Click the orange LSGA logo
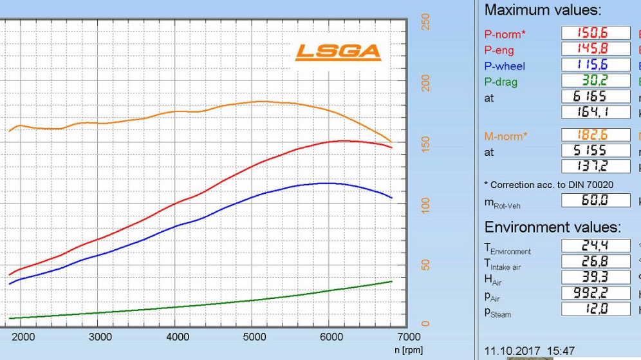(x=338, y=52)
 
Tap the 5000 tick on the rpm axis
(x=254, y=337)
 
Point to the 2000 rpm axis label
(x=23, y=337)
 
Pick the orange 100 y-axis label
(x=425, y=204)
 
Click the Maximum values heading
(x=543, y=10)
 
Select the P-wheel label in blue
(x=505, y=66)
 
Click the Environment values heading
(x=552, y=227)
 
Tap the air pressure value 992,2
(x=595, y=294)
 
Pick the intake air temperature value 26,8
(x=595, y=261)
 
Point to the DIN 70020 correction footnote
(x=548, y=184)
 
